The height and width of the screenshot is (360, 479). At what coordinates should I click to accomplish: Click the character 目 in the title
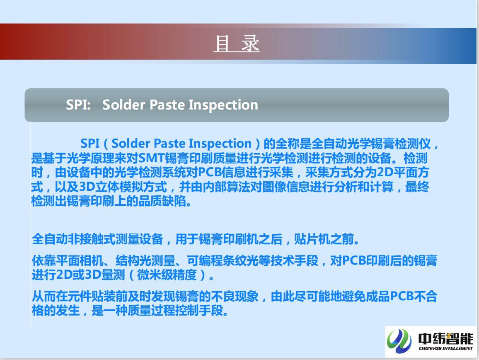click(x=222, y=44)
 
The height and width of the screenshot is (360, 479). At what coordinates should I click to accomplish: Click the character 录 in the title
click(x=250, y=44)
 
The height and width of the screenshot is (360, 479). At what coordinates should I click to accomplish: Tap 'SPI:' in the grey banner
click(x=78, y=105)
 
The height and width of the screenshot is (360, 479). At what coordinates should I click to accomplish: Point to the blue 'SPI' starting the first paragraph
click(x=90, y=144)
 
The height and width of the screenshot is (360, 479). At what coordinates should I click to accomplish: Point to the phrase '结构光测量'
click(x=145, y=261)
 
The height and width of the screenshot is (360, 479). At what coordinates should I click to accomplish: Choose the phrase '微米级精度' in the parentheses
click(x=167, y=275)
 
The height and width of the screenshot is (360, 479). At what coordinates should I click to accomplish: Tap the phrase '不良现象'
click(x=235, y=297)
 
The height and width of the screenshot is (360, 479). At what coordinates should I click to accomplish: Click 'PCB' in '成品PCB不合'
click(x=402, y=297)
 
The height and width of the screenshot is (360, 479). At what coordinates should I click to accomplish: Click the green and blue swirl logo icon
click(x=399, y=341)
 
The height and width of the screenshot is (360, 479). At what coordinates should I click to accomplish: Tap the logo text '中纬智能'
click(x=446, y=338)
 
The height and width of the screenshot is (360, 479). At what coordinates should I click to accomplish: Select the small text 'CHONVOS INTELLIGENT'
click(x=446, y=348)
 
